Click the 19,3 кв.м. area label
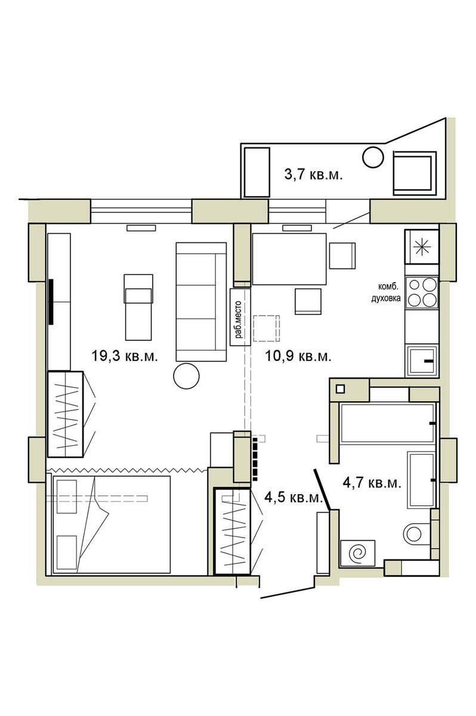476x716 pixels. pyautogui.click(x=125, y=356)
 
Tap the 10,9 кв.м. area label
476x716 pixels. pyautogui.click(x=298, y=356)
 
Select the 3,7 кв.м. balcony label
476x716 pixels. pyautogui.click(x=313, y=175)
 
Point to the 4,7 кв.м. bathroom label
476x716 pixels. pyautogui.click(x=372, y=483)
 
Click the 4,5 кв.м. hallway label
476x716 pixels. pyautogui.click(x=294, y=498)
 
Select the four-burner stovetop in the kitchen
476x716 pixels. pyautogui.click(x=421, y=292)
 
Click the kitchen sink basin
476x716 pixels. pyautogui.click(x=422, y=360)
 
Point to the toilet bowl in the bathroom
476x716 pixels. pyautogui.click(x=414, y=533)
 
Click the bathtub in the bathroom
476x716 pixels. pyautogui.click(x=388, y=424)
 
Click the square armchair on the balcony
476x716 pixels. pyautogui.click(x=414, y=173)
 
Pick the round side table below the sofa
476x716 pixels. pyautogui.click(x=186, y=376)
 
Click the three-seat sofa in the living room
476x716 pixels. pyautogui.click(x=201, y=302)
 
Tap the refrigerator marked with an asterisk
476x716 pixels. pyautogui.click(x=422, y=246)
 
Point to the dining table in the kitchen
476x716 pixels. pyautogui.click(x=289, y=259)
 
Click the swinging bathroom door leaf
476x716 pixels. pyautogui.click(x=322, y=490)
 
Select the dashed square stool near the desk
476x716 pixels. pyautogui.click(x=267, y=328)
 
